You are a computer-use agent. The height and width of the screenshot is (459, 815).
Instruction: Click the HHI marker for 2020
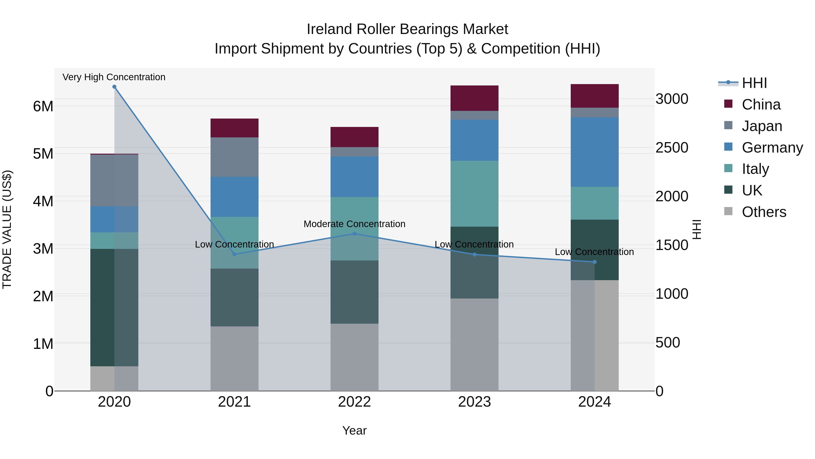114,87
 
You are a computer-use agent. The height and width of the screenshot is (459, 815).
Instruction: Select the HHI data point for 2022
354,234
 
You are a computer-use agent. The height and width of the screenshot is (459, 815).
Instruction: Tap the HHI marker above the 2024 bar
594,262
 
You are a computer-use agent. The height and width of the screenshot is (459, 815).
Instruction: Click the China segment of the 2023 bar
474,98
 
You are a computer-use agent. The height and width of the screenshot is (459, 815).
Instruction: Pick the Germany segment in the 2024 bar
594,152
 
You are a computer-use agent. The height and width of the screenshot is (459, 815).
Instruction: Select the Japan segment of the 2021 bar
235,157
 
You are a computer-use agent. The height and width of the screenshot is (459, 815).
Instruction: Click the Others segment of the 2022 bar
354,357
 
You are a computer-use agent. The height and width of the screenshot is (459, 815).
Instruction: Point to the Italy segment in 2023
474,194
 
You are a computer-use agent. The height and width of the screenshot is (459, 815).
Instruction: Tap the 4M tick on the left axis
43,201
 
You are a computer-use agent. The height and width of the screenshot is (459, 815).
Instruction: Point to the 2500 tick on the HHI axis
672,148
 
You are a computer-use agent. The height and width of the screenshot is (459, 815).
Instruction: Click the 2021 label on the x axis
235,402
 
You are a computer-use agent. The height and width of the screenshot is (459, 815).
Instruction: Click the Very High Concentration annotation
114,77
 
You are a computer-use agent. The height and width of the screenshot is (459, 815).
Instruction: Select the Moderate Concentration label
354,224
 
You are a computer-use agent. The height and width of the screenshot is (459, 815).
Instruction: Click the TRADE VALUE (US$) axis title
7,230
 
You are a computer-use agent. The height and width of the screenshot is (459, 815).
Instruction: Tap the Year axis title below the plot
354,430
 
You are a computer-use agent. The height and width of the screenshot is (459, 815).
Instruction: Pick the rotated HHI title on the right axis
697,230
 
